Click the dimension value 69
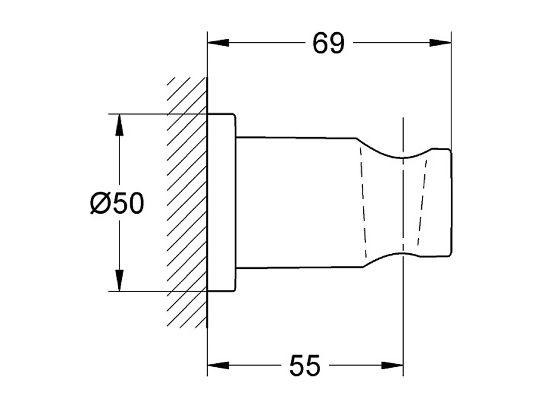click(329, 44)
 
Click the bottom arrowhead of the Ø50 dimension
click(120, 281)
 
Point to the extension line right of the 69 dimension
click(451, 91)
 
